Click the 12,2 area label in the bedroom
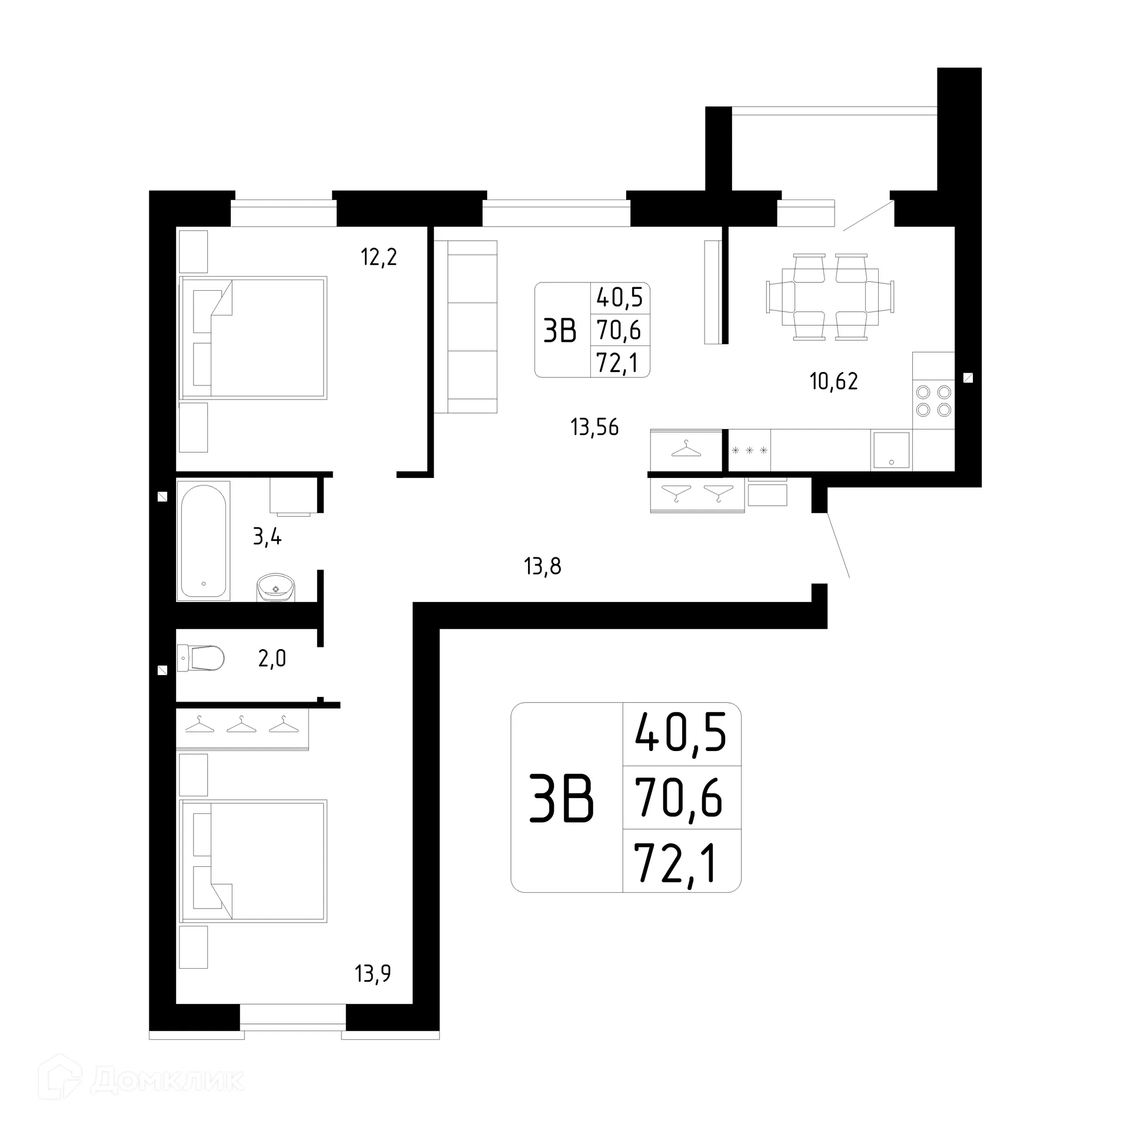pyautogui.click(x=379, y=257)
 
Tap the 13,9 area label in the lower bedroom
pyautogui.click(x=373, y=973)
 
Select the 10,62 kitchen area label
pyautogui.click(x=833, y=381)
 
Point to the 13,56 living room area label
pyautogui.click(x=594, y=427)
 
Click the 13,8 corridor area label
pyautogui.click(x=542, y=567)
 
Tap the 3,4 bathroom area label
pyautogui.click(x=267, y=536)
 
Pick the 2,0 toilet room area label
pyautogui.click(x=272, y=658)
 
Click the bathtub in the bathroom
pyautogui.click(x=203, y=540)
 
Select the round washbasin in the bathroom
pyautogui.click(x=275, y=587)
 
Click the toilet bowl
pyautogui.click(x=201, y=658)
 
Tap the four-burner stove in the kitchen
pyautogui.click(x=933, y=401)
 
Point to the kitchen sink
pyautogui.click(x=891, y=450)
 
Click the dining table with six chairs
pyautogui.click(x=830, y=297)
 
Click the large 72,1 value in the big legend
pyautogui.click(x=677, y=863)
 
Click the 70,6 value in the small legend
pyautogui.click(x=619, y=330)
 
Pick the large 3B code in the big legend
pyautogui.click(x=561, y=799)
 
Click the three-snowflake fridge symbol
pyautogui.click(x=749, y=451)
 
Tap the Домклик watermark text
pyautogui.click(x=167, y=1080)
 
